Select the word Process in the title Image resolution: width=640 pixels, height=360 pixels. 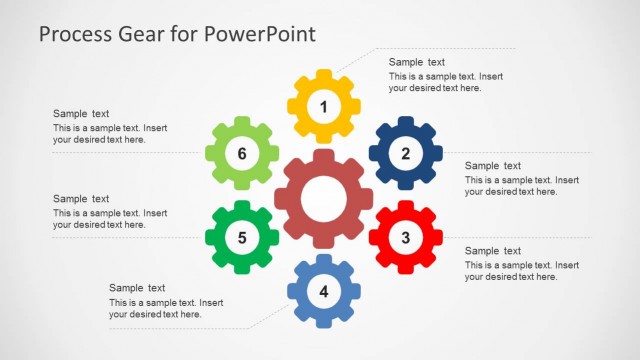click(x=76, y=34)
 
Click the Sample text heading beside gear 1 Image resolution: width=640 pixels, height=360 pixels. click(x=417, y=62)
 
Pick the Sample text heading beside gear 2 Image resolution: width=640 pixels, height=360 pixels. click(x=493, y=166)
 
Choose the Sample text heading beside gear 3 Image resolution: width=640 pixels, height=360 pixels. click(x=493, y=251)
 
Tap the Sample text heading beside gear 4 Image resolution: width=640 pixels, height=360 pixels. click(x=137, y=288)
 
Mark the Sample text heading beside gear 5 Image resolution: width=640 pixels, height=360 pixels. click(x=81, y=199)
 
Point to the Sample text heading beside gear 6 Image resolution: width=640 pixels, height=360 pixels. click(x=81, y=114)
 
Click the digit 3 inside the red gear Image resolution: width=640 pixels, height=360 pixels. click(x=405, y=238)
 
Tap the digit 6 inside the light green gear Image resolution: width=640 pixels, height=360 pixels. click(x=241, y=153)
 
